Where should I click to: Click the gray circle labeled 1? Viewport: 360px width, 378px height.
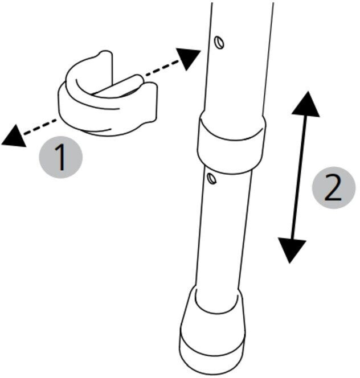tap(61, 157)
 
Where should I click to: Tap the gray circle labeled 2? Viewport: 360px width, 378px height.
tap(334, 187)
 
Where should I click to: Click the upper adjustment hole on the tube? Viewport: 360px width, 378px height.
tap(219, 43)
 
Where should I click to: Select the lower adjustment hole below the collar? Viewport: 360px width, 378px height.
tap(212, 179)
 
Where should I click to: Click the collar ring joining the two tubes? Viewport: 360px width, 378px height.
tap(231, 142)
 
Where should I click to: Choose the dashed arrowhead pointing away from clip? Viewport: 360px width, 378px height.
tap(14, 136)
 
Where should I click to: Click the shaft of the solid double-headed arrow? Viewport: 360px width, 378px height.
tap(299, 177)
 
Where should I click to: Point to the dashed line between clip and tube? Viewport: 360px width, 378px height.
tap(161, 69)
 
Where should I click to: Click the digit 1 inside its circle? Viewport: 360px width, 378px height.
tap(60, 157)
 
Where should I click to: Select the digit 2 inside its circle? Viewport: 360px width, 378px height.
tap(333, 187)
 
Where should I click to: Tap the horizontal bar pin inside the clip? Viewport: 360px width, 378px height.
tap(117, 85)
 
